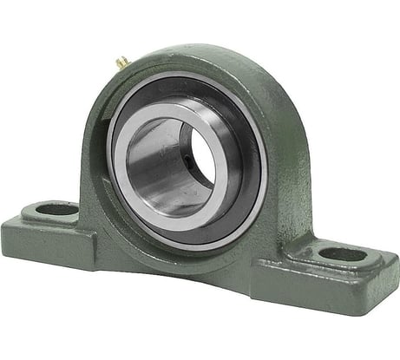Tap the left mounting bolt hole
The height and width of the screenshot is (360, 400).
pos(58,209)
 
